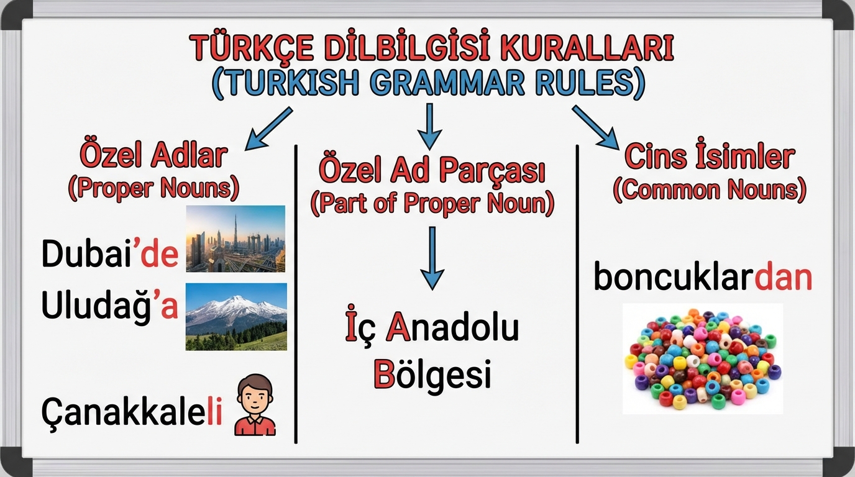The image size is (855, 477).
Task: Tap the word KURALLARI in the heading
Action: click(587, 47)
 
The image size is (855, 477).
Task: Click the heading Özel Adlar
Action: click(153, 155)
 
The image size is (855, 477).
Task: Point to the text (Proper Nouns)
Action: click(153, 188)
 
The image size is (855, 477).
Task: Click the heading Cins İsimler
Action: click(710, 156)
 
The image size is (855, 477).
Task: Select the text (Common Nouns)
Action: click(710, 189)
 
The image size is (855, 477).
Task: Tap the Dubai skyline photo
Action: click(235, 239)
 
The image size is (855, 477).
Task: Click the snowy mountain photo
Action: click(236, 317)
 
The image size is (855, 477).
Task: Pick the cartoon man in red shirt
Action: click(255, 404)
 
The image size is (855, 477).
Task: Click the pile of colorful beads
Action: click(703, 359)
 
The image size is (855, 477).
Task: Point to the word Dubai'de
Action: click(110, 253)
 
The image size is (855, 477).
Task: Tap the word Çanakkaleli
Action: click(132, 412)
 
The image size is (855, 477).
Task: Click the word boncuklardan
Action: click(703, 277)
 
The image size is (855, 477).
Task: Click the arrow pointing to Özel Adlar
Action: click(268, 129)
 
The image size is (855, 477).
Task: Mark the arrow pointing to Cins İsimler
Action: click(595, 127)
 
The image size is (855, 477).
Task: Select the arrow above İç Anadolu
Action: click(432, 258)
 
